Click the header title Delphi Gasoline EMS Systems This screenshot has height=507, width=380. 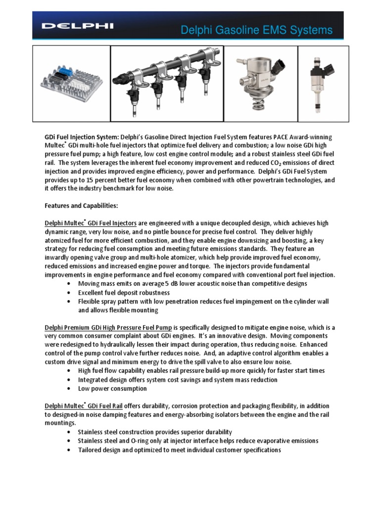(x=257, y=31)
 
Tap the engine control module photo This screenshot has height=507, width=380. (x=71, y=84)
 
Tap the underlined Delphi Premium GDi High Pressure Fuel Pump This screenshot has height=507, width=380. (x=109, y=327)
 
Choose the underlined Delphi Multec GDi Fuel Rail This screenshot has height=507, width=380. (x=84, y=406)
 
